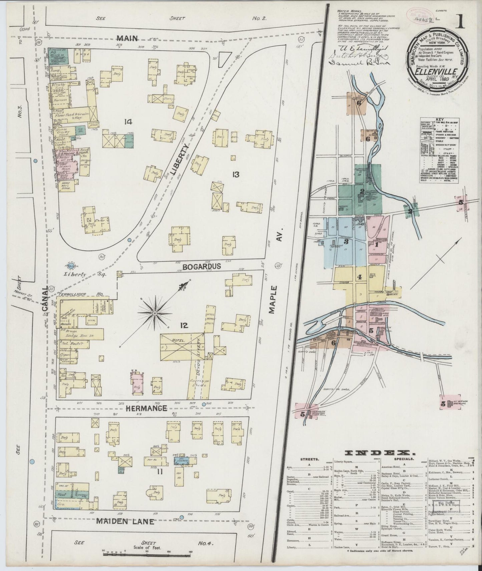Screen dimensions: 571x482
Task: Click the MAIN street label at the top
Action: click(127, 38)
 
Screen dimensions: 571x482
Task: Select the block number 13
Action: click(236, 174)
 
